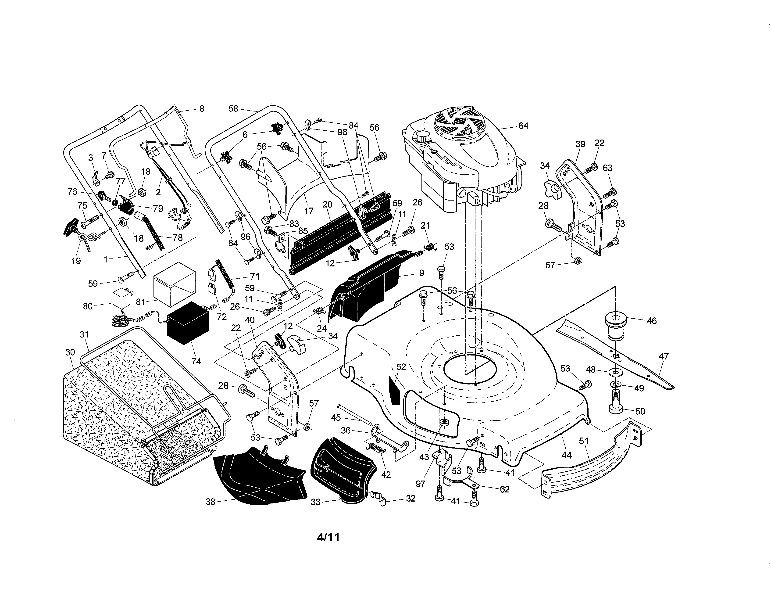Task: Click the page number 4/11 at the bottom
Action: (328, 537)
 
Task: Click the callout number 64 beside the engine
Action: (523, 126)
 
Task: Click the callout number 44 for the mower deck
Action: (566, 456)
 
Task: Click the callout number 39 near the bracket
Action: (580, 144)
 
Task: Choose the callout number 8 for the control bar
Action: (202, 108)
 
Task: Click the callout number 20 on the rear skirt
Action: (327, 205)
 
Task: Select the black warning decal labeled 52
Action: (394, 388)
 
